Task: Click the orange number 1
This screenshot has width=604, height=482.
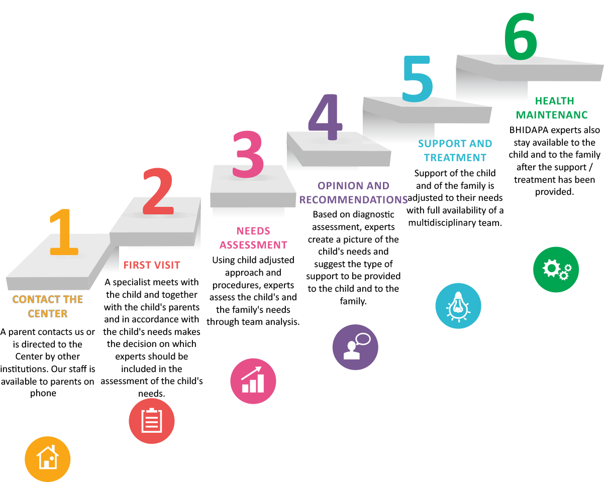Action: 64,232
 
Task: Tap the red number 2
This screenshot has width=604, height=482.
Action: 158,191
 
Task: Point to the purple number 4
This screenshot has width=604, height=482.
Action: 325,116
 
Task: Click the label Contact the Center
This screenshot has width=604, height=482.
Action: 48,306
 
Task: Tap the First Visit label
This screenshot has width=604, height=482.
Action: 152,265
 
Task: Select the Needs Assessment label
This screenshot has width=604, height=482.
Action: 253,238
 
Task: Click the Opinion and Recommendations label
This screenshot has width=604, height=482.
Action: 353,193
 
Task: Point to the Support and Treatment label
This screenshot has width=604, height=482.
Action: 455,150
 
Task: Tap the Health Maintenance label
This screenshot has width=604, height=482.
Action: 552,108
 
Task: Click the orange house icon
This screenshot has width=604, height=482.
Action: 48,459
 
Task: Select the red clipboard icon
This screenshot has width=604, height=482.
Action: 152,421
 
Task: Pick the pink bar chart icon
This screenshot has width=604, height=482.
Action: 253,381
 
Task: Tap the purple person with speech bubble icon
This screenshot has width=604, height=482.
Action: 355,347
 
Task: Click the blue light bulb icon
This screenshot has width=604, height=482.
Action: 458,306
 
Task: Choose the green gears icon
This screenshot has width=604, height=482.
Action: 556,269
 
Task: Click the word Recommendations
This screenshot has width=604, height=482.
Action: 353,200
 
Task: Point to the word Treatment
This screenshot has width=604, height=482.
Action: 455,158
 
